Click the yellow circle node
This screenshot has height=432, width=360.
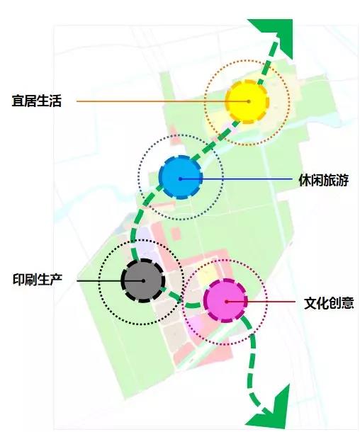[247, 101]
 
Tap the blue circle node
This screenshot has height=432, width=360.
[181, 178]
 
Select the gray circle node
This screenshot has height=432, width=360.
[143, 280]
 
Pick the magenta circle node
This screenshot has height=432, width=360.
[226, 300]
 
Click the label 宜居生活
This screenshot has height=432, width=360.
[36, 101]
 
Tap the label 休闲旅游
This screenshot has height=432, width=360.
[323, 180]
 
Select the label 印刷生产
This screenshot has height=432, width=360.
[38, 279]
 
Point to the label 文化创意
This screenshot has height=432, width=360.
[329, 303]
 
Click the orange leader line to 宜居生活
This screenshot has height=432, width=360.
[162, 101]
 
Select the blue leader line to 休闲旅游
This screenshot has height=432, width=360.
[236, 178]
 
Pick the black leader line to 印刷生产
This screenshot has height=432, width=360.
[111, 280]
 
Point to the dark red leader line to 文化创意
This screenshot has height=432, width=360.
[261, 302]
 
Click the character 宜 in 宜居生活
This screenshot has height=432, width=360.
[18, 101]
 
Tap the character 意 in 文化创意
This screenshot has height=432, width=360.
[347, 303]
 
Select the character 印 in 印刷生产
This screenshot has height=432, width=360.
[18, 279]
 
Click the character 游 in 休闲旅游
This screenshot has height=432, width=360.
[342, 180]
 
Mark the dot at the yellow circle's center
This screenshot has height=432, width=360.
[249, 101]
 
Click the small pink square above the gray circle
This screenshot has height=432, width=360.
[176, 234]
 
